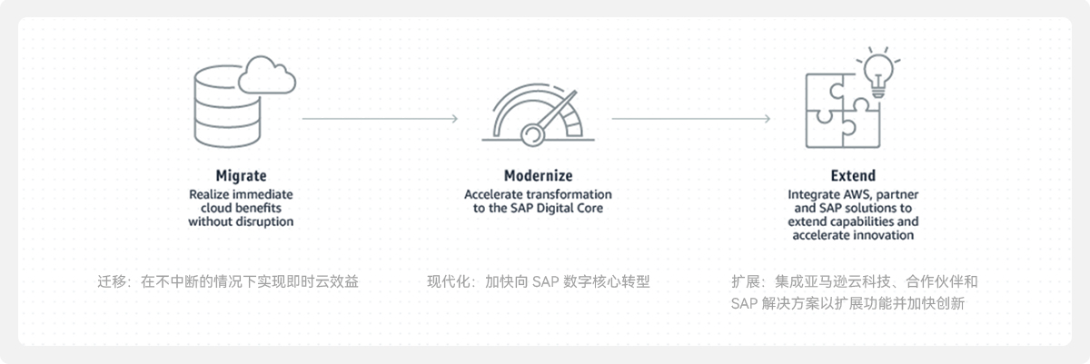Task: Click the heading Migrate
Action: (x=241, y=175)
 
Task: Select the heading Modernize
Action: (x=538, y=175)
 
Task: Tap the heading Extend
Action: (x=853, y=175)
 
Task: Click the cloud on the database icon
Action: (x=267, y=75)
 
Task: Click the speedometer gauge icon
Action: (x=538, y=115)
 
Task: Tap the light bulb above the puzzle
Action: (x=878, y=73)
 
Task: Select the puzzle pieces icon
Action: (x=842, y=111)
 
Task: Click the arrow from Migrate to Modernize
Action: (x=380, y=119)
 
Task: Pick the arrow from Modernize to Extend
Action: (x=691, y=119)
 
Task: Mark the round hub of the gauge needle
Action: (x=532, y=134)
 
